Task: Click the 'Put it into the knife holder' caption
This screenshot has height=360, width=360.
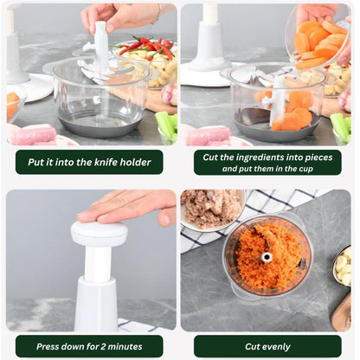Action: (88, 162)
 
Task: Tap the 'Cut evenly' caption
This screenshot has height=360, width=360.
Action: (267, 346)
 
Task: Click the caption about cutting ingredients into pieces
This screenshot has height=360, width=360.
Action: (267, 162)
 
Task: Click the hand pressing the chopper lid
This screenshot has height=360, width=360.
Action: (130, 207)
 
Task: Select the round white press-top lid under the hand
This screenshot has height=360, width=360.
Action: (99, 233)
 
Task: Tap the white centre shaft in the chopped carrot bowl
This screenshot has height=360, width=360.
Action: (267, 256)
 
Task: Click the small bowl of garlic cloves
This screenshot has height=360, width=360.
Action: (343, 267)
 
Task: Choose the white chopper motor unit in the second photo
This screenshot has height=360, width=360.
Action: (209, 43)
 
